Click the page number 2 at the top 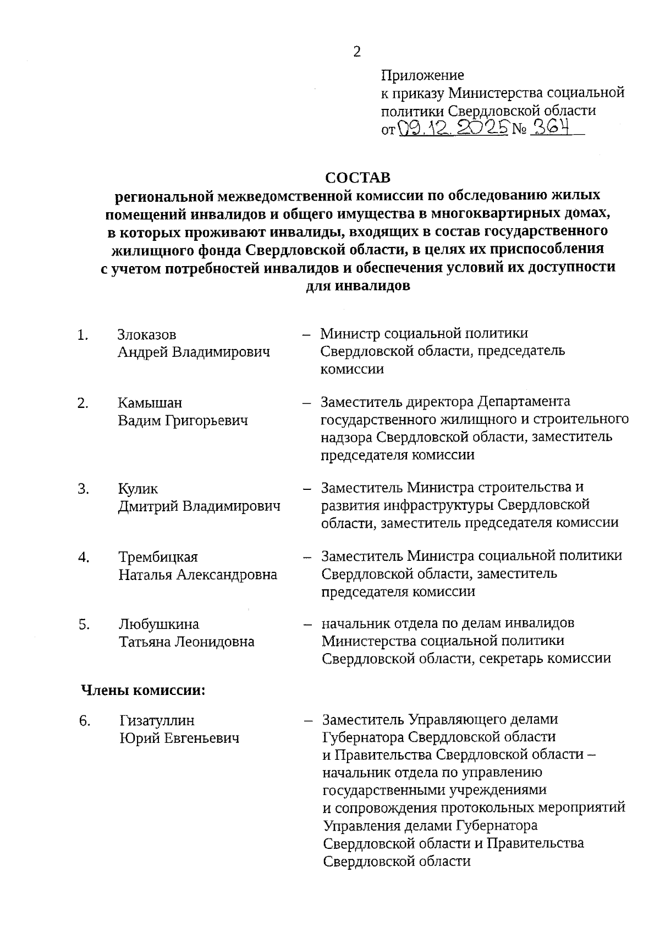click(x=357, y=52)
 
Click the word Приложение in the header click(x=422, y=75)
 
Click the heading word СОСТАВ click(x=358, y=178)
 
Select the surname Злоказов click(x=147, y=335)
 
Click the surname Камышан click(x=150, y=403)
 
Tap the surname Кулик click(x=137, y=489)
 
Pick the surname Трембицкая click(x=158, y=557)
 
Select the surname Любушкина click(x=159, y=625)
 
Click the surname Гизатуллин click(x=157, y=720)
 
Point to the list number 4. click(x=84, y=557)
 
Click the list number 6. click(x=84, y=721)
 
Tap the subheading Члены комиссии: click(x=143, y=691)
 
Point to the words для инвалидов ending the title click(x=358, y=286)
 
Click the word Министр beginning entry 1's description click(x=350, y=334)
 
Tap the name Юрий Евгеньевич click(x=179, y=738)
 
